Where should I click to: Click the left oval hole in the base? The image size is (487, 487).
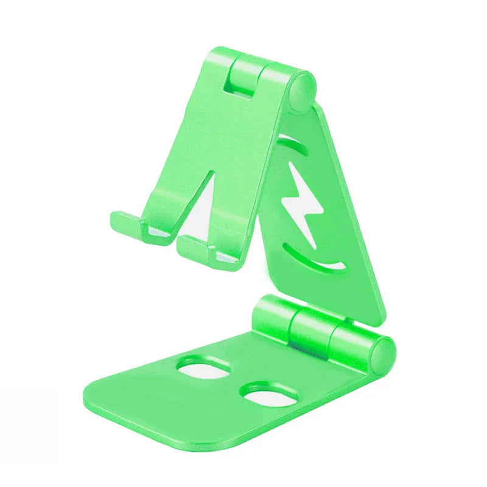pos(203,368)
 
